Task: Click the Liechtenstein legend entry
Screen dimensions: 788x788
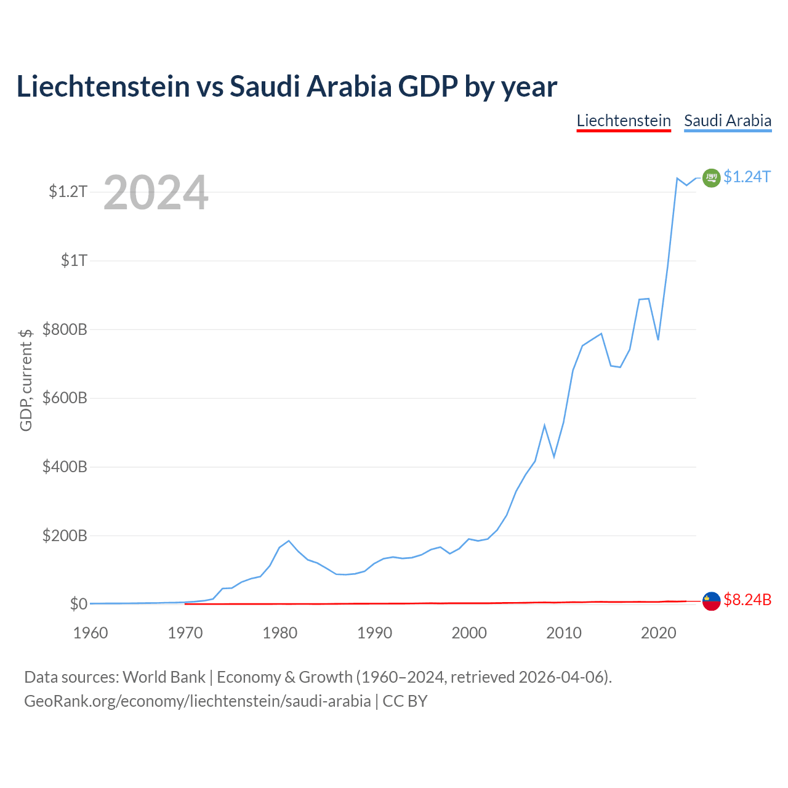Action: point(623,121)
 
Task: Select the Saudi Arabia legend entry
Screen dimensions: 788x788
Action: point(728,121)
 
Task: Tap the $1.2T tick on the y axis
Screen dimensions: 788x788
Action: point(68,191)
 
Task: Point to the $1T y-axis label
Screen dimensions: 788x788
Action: point(74,260)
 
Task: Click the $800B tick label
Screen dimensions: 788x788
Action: point(65,329)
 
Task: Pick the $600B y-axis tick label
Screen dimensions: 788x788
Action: point(65,398)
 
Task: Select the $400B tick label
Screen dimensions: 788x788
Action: point(65,466)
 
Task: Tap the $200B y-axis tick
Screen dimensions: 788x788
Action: point(65,535)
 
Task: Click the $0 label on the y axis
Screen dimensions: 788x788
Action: point(79,603)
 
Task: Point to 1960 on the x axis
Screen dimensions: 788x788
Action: point(90,633)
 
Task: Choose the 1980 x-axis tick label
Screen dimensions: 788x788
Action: point(279,633)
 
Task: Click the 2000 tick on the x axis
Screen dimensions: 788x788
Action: point(469,633)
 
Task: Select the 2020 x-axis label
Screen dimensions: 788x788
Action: point(658,633)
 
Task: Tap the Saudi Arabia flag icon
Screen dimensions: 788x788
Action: point(711,178)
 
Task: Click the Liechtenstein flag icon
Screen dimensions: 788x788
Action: point(711,601)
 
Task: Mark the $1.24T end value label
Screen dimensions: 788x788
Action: point(747,177)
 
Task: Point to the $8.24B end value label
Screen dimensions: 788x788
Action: point(747,600)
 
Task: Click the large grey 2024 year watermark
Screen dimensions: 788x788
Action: point(156,192)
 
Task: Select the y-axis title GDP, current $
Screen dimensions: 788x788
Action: point(25,380)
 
